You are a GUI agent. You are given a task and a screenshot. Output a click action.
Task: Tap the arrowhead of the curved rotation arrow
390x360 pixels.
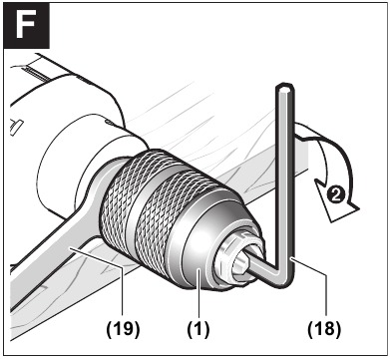(x=322, y=186)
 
